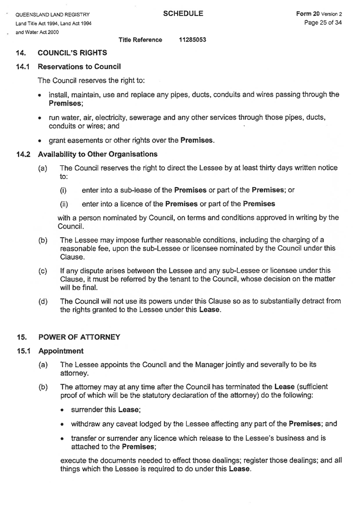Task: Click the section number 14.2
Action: pyautogui.click(x=22, y=154)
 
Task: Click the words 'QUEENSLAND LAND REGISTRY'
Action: pyautogui.click(x=53, y=14)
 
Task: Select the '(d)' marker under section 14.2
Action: pyautogui.click(x=43, y=301)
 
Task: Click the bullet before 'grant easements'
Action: pyautogui.click(x=41, y=141)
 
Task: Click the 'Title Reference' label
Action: pyautogui.click(x=140, y=40)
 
